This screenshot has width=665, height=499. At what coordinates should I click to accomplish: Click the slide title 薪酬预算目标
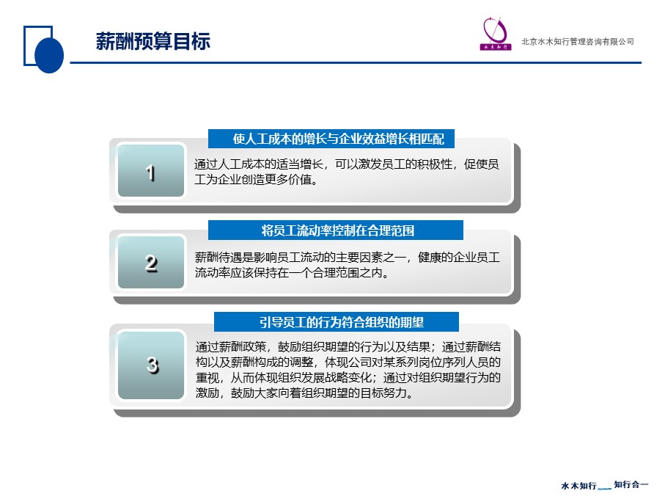point(153,42)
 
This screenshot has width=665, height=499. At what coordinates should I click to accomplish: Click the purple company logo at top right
point(496,34)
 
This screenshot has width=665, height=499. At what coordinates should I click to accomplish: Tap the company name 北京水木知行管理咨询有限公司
point(577,42)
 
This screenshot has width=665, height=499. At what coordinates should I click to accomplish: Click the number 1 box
point(151,173)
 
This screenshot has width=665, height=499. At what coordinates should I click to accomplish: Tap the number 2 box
point(151,263)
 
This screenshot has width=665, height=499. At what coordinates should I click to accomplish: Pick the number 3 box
point(151,365)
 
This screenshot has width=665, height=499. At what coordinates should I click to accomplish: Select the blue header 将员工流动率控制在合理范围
point(337,230)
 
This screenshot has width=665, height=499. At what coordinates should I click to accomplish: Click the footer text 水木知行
point(578,485)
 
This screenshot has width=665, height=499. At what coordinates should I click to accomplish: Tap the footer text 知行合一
point(631,484)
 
